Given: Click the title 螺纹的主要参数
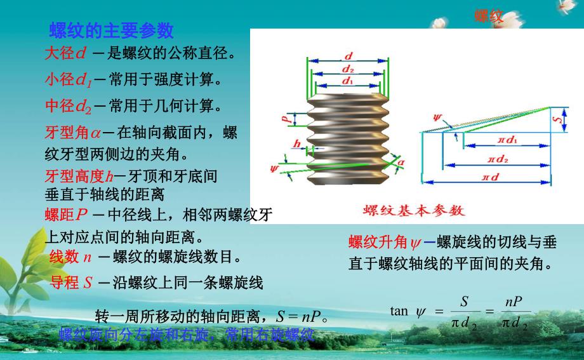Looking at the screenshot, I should [x=111, y=30].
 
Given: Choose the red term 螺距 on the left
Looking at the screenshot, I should [x=59, y=215].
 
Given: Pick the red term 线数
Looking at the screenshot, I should [x=64, y=257].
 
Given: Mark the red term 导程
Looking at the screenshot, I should [x=64, y=283].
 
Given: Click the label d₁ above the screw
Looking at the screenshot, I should [x=347, y=81].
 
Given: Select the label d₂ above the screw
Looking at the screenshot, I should [x=347, y=69].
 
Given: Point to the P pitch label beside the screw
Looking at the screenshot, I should [x=286, y=118].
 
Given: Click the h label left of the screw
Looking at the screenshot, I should [x=296, y=144].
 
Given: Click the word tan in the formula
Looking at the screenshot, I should [x=399, y=311].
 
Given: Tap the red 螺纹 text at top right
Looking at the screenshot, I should [x=489, y=17].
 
